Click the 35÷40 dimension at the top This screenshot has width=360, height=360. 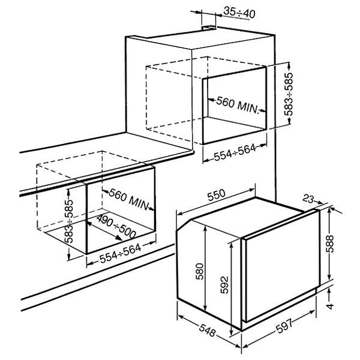pyautogui.click(x=239, y=13)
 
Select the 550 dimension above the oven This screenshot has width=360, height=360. pyautogui.click(x=216, y=194)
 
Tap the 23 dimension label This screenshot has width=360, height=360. pyautogui.click(x=308, y=199)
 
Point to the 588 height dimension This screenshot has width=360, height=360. pyautogui.click(x=330, y=244)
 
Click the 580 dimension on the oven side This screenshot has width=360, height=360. pyautogui.click(x=200, y=271)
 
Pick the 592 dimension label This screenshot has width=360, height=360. pyautogui.click(x=224, y=284)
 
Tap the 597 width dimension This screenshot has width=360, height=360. pyautogui.click(x=284, y=326)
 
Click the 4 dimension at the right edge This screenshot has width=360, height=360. pyautogui.click(x=330, y=306)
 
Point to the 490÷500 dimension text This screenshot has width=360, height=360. pyautogui.click(x=116, y=227)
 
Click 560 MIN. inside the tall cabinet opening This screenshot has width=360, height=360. pyautogui.click(x=238, y=105)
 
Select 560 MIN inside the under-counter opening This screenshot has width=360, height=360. pyautogui.click(x=129, y=199)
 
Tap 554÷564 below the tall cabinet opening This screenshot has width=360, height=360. pyautogui.click(x=235, y=152)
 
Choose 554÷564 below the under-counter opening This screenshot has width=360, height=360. pyautogui.click(x=121, y=253)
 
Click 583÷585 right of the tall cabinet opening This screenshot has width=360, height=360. pyautogui.click(x=289, y=94)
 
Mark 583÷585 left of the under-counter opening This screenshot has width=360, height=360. pyautogui.click(x=68, y=221)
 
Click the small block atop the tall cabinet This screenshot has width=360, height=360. pyautogui.click(x=209, y=28)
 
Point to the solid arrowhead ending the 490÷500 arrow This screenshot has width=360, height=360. pyautogui.click(x=118, y=238)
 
